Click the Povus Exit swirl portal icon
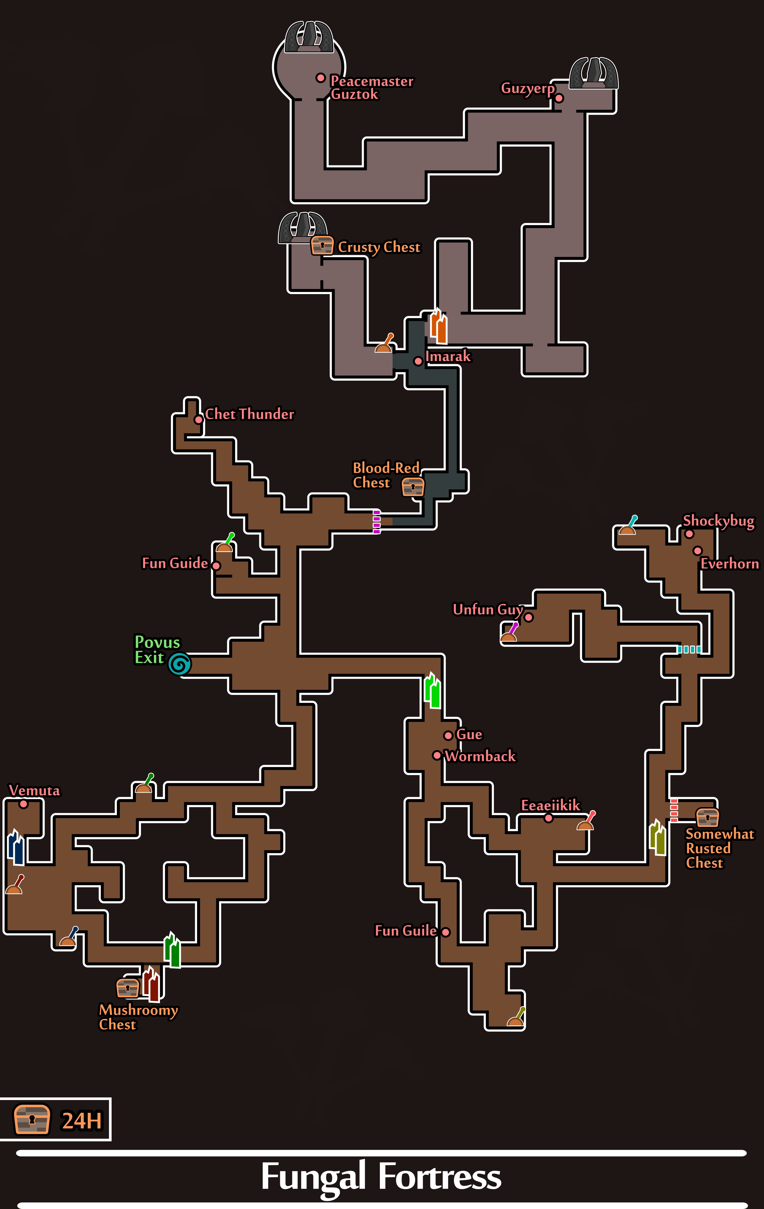179,664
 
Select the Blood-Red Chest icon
413,486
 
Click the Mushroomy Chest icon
128,988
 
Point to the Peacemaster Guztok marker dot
321,78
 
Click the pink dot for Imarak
418,361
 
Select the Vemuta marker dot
23,804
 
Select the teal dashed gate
689,649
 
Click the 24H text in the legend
82,1121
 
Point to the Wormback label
480,756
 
